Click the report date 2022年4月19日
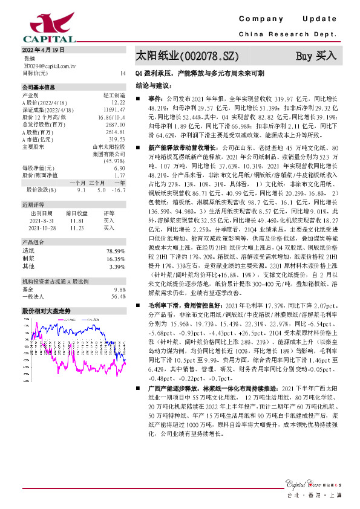tap(43, 50)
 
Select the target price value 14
tap(123, 73)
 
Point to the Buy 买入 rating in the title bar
tap(315, 56)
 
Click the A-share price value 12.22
tap(118, 103)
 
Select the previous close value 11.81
tap(76, 221)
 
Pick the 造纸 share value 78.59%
tap(114, 251)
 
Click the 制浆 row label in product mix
tap(28, 258)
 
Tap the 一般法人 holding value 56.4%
tap(118, 296)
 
